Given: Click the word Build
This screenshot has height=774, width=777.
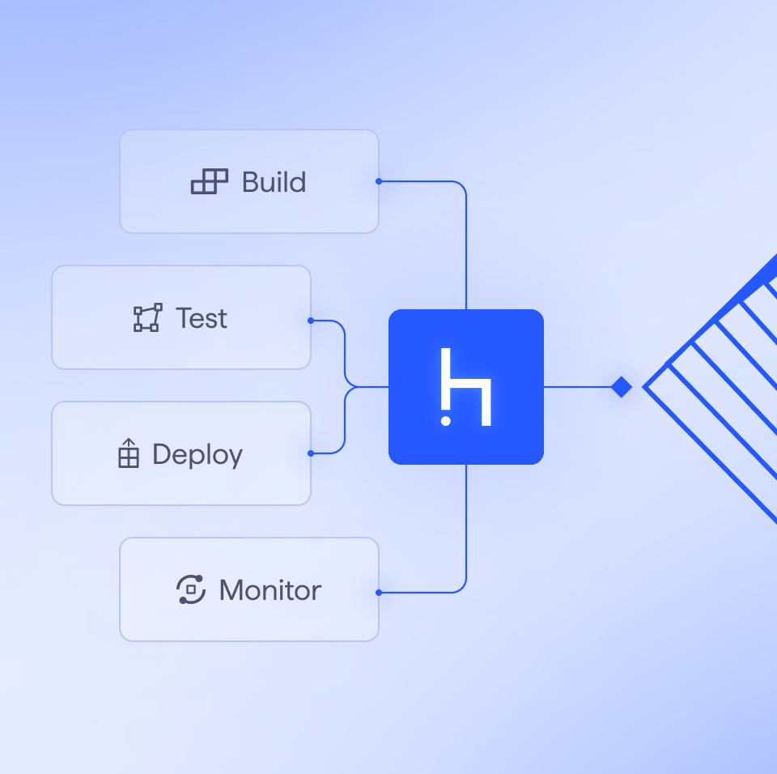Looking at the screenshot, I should (x=274, y=182).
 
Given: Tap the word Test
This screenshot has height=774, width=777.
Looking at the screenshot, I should (x=202, y=318).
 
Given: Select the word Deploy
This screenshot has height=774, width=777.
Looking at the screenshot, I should (x=197, y=454).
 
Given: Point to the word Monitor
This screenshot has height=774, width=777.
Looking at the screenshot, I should (x=270, y=590).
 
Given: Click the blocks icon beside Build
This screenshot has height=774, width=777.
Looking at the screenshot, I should (x=210, y=182).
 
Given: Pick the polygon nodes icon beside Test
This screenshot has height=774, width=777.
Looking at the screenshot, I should (x=147, y=318).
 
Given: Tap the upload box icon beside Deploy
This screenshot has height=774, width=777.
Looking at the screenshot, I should (x=129, y=453).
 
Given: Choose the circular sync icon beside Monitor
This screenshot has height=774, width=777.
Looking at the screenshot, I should (x=191, y=589).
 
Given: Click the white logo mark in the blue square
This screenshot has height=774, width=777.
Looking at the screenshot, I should (x=466, y=387).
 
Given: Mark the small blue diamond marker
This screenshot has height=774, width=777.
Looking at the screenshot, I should (x=622, y=387).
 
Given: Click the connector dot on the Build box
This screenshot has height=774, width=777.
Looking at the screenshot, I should (x=379, y=181).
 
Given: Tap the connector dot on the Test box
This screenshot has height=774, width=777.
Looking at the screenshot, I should (x=311, y=321).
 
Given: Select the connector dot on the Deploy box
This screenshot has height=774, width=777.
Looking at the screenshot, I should (x=311, y=453).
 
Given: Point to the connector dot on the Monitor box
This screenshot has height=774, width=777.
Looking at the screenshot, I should (x=379, y=593).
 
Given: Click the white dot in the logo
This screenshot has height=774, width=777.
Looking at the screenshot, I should (x=445, y=421).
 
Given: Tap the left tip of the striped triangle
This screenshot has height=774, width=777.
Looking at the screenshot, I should (x=646, y=387).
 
